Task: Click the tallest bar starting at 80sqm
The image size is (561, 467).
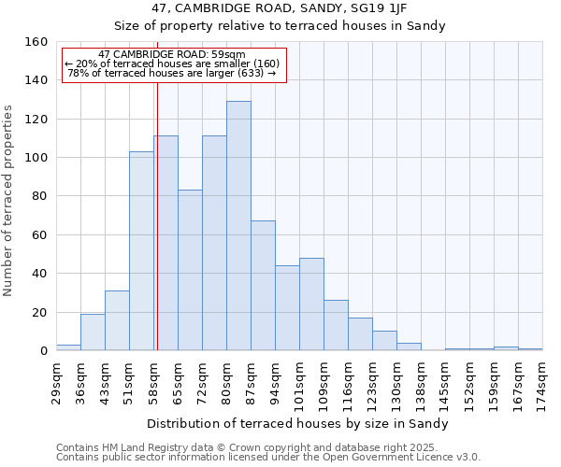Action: (x=238, y=226)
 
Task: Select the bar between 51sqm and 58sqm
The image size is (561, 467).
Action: (x=141, y=251)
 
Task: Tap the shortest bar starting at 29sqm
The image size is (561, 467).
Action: (x=68, y=347)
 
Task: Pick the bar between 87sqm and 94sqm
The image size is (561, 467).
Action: (x=263, y=286)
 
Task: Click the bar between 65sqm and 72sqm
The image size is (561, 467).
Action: (x=190, y=270)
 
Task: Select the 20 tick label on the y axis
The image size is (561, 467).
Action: (x=40, y=312)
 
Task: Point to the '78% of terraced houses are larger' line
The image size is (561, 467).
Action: (x=171, y=73)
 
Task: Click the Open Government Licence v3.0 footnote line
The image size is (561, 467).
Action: (x=267, y=458)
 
